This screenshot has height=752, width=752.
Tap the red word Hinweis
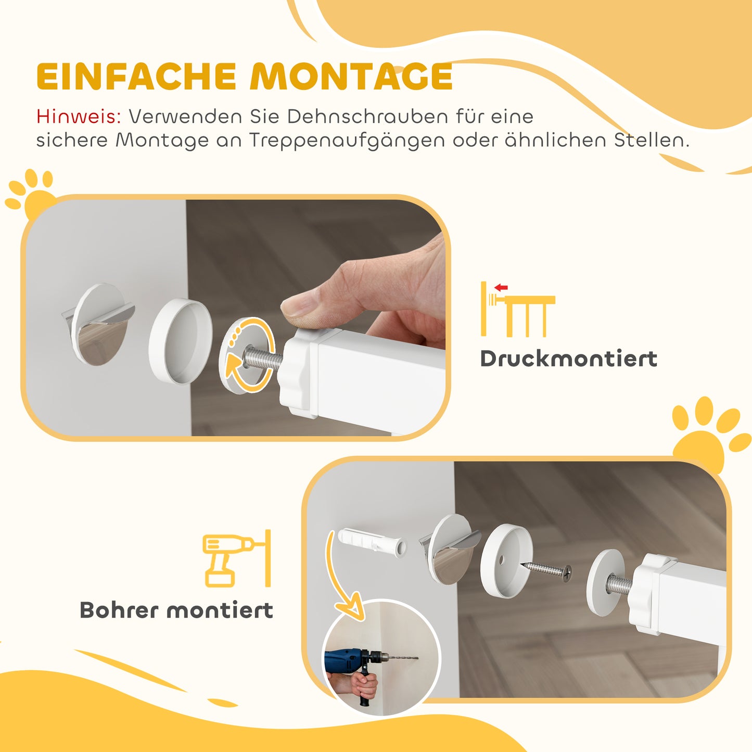(x=78, y=117)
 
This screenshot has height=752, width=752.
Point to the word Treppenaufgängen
(x=347, y=141)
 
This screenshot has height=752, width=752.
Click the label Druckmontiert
(x=568, y=359)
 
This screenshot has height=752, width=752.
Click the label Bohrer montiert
(x=176, y=610)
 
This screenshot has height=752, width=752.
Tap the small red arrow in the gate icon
(x=501, y=287)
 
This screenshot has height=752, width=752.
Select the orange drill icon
(x=229, y=559)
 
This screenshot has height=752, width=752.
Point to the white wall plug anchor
(x=372, y=542)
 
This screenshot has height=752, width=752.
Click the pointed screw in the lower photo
(x=546, y=569)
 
